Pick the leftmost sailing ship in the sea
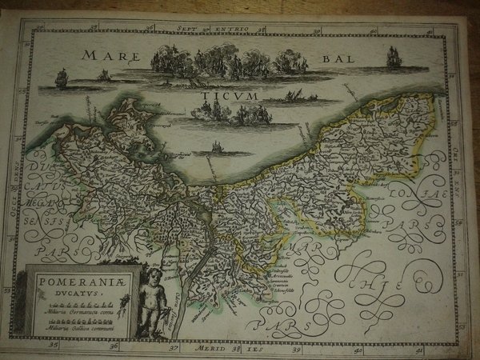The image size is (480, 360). point(62,78)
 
